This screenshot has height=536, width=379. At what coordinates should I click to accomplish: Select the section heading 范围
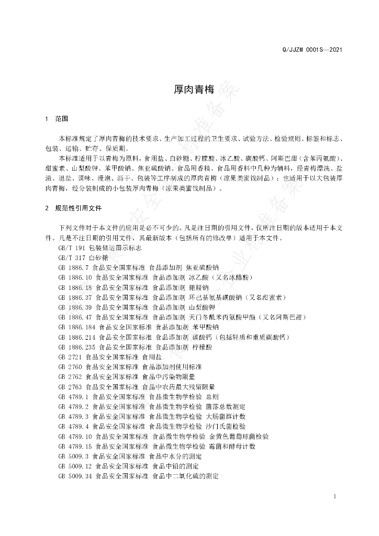click(61, 119)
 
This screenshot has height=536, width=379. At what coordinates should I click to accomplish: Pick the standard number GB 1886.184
click(77, 327)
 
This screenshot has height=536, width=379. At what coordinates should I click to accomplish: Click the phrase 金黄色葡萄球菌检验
click(239, 437)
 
